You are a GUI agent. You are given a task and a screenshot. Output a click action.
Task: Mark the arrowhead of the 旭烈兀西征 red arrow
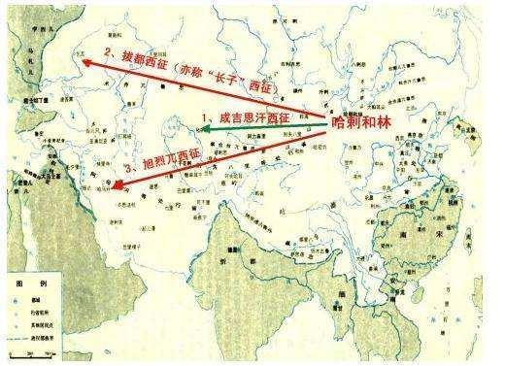[115, 188]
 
